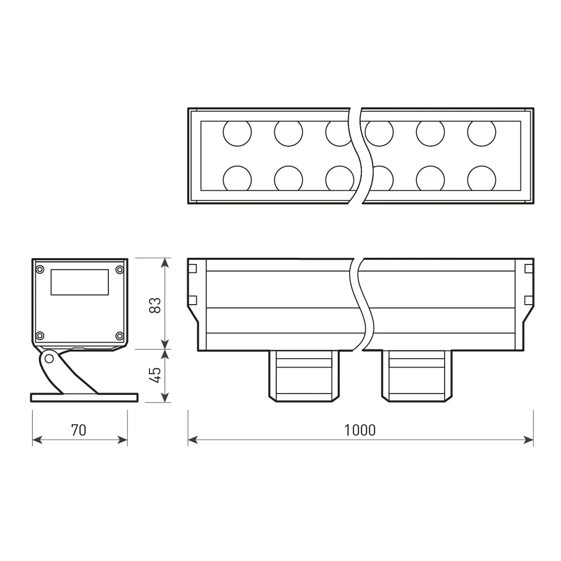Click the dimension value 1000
360,430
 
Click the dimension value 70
79,430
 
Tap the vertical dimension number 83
155,305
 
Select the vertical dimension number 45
155,375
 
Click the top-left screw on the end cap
40,269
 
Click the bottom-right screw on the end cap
120,336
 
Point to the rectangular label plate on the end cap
80,282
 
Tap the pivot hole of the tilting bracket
49,359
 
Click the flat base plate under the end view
84,398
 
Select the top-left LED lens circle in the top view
237,132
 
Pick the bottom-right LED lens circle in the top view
481,179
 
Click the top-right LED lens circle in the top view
481,132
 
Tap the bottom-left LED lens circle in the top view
237,179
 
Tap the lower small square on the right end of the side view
528,300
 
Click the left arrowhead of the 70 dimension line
37,440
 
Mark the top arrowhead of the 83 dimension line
165,263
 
